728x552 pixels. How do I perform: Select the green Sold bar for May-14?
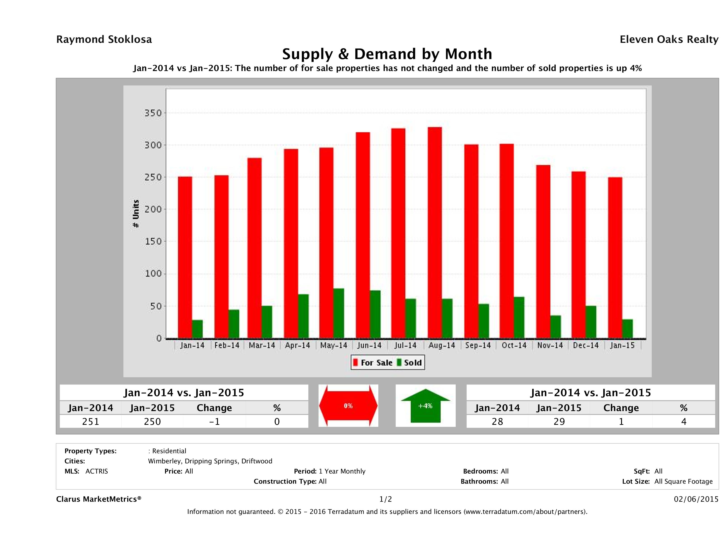(x=339, y=313)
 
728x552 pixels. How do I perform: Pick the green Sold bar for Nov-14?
(x=556, y=327)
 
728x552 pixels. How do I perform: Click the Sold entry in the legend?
(x=409, y=363)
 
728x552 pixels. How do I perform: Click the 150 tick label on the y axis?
(x=153, y=241)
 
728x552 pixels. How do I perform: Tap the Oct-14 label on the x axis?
(x=514, y=345)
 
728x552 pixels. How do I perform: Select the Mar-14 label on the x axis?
(x=262, y=345)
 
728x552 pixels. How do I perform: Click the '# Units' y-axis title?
(x=136, y=214)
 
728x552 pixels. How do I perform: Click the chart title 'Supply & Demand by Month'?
(x=387, y=54)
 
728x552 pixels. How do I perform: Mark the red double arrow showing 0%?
(x=348, y=406)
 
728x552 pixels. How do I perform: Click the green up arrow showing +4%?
(x=425, y=406)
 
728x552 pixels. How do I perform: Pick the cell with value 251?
(x=90, y=421)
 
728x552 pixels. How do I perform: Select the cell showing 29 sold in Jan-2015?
(x=559, y=421)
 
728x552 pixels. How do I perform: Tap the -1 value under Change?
(x=214, y=421)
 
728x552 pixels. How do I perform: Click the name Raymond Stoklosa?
(x=104, y=39)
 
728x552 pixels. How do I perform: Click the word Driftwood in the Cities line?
(x=257, y=461)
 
